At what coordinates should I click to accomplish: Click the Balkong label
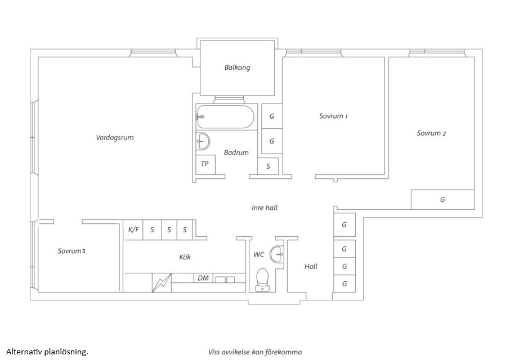237,67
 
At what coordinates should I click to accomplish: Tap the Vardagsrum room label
115,137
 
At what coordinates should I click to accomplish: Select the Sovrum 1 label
333,116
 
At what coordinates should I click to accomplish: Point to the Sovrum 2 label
431,133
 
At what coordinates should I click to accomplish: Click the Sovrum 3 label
71,251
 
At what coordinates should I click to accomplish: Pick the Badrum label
236,152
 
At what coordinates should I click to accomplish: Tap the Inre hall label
265,208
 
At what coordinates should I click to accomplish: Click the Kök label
185,257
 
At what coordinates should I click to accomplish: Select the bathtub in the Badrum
225,116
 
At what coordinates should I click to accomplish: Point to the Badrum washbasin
203,142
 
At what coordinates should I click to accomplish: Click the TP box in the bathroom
204,165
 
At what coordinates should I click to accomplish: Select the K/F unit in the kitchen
133,229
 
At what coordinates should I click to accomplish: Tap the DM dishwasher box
204,278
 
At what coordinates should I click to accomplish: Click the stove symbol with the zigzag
162,282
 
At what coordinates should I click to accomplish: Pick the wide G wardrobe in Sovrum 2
442,200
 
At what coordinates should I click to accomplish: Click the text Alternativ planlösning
47,352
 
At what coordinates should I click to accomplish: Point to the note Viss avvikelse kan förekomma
255,352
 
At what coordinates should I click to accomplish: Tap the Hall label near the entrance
311,267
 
